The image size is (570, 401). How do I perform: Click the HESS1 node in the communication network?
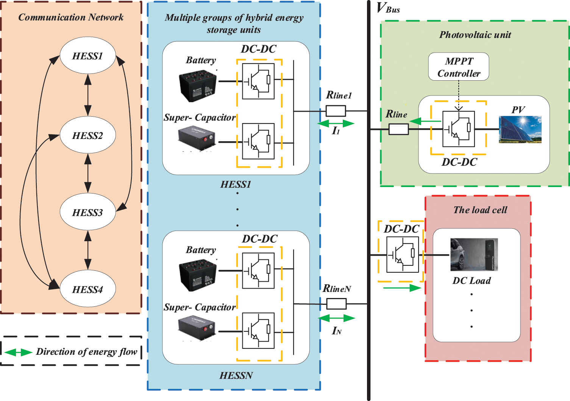[x=87, y=56]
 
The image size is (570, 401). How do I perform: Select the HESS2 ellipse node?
[x=87, y=136]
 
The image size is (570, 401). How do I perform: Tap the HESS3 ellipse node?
[x=87, y=212]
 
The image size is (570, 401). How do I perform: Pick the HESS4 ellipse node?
[x=87, y=289]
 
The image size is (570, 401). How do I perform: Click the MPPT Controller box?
[x=459, y=67]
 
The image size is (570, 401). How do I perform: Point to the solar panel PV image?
[x=520, y=130]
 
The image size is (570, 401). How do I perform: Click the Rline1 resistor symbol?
[x=336, y=111]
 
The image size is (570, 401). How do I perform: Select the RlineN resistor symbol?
[x=336, y=304]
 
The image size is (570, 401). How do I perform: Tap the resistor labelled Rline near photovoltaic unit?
[x=398, y=130]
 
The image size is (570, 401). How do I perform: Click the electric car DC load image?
[x=474, y=254]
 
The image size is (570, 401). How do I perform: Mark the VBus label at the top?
[x=388, y=8]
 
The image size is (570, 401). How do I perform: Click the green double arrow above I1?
[x=336, y=123]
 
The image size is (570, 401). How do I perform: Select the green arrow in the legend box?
[x=18, y=352]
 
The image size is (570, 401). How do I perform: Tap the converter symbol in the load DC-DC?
[x=402, y=254]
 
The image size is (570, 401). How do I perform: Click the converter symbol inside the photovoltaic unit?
[x=458, y=129]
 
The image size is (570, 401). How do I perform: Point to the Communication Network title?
[x=71, y=17]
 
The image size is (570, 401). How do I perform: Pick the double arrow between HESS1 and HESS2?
[x=88, y=95]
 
